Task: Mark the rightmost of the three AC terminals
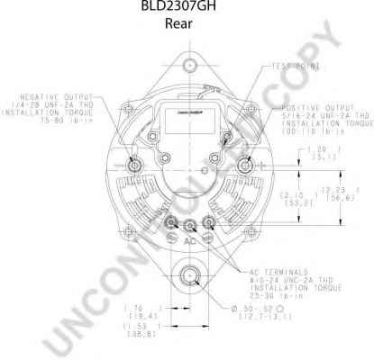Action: tap(209, 223)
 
